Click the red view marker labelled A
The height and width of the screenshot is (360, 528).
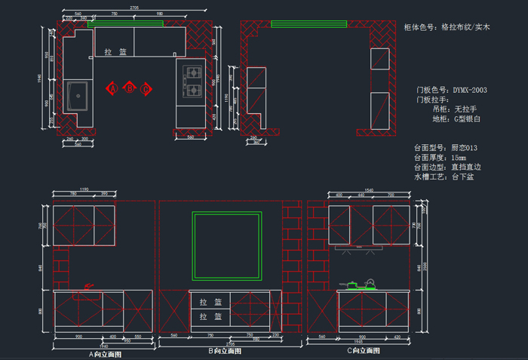click(113, 88)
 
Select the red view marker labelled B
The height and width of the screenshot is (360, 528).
click(130, 88)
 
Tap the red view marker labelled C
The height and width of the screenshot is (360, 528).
click(146, 88)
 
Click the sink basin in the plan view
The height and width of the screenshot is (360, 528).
click(77, 96)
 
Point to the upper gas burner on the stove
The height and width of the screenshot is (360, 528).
click(192, 74)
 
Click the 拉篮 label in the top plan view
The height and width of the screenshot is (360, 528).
click(115, 52)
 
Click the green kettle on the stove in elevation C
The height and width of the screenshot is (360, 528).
click(369, 284)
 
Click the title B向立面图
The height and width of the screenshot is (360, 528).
click(225, 352)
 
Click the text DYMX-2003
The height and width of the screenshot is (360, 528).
click(469, 90)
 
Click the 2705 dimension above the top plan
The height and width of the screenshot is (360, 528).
click(134, 7)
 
